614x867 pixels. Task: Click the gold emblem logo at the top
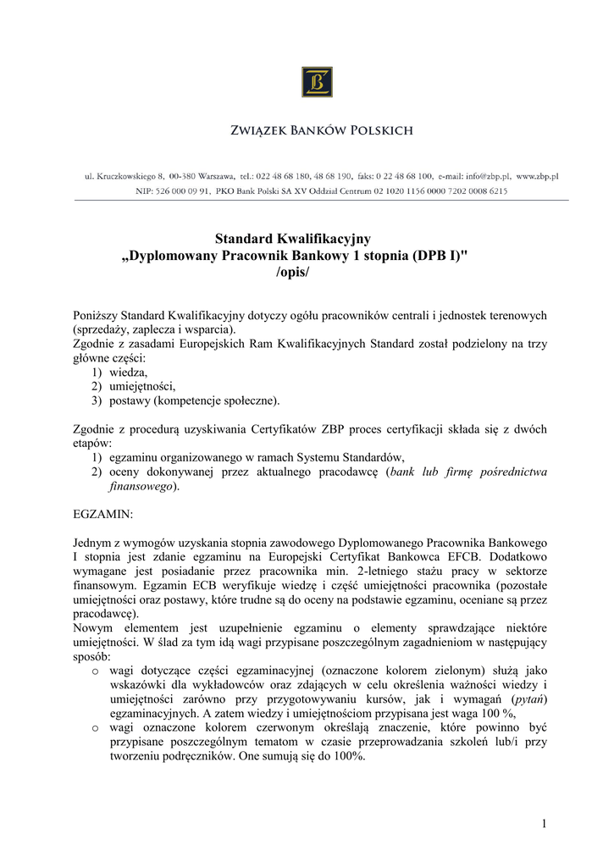click(x=316, y=82)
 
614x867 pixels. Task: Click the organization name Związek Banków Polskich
click(x=323, y=131)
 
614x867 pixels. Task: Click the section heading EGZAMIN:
click(x=103, y=513)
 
